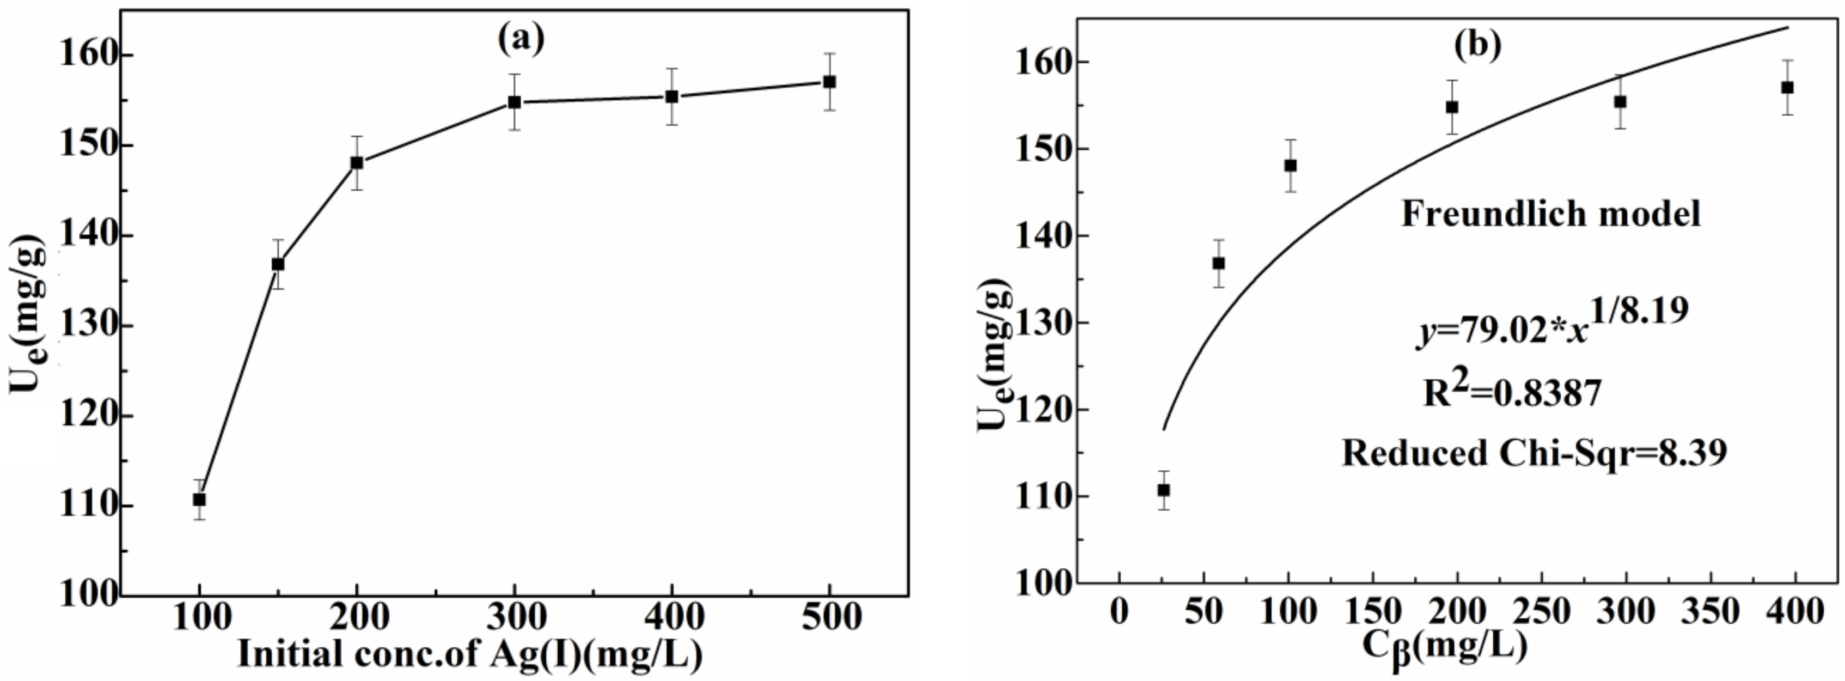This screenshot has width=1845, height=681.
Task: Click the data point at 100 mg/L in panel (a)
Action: tap(199, 499)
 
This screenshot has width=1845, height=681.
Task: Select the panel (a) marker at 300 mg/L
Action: tap(514, 102)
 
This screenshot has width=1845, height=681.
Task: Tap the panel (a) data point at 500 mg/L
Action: tap(829, 82)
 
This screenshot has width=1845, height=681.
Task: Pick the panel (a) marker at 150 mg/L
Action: tap(278, 264)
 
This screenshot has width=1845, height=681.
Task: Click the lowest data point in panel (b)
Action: tap(1164, 490)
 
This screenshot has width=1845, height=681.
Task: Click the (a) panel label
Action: tap(521, 39)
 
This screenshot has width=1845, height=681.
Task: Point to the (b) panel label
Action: tap(1477, 45)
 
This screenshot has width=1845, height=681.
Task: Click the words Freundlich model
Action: tap(1550, 214)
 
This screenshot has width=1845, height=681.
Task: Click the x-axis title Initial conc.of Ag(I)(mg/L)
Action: tap(469, 654)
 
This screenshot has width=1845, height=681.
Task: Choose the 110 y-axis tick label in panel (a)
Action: tap(87, 506)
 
